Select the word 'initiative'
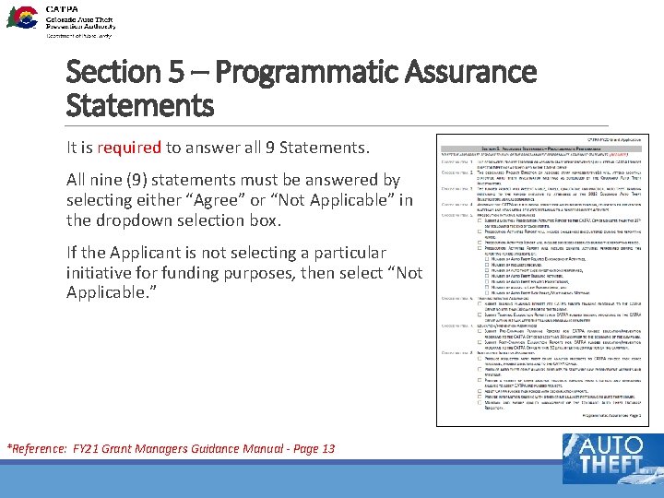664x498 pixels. tap(104, 273)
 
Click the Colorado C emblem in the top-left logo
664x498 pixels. tap(21, 17)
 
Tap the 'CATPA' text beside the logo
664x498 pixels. tap(62, 7)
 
